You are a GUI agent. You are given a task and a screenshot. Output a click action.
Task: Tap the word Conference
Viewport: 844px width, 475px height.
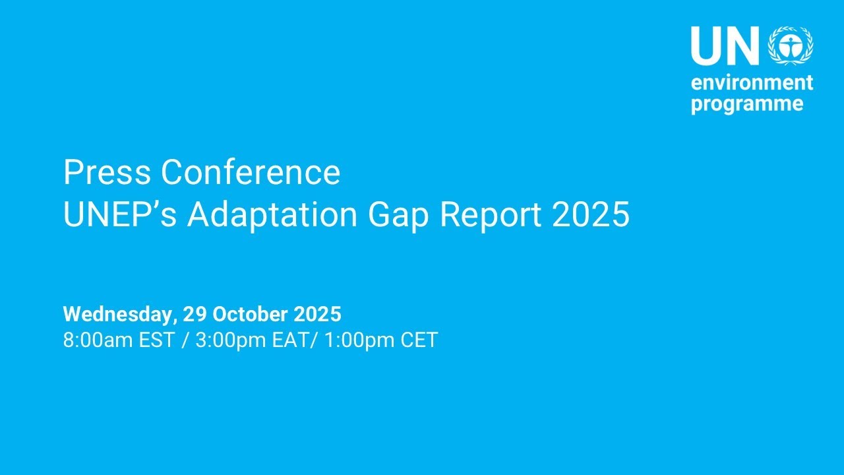pyautogui.click(x=251, y=173)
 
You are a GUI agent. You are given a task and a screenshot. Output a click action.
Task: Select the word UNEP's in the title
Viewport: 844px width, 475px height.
pyautogui.click(x=119, y=215)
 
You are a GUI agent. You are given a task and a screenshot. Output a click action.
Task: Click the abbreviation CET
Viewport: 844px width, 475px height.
pyautogui.click(x=418, y=340)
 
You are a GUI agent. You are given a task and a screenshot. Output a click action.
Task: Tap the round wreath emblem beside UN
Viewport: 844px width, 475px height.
pyautogui.click(x=791, y=46)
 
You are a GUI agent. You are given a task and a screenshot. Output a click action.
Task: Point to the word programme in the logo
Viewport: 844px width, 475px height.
pyautogui.click(x=747, y=104)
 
